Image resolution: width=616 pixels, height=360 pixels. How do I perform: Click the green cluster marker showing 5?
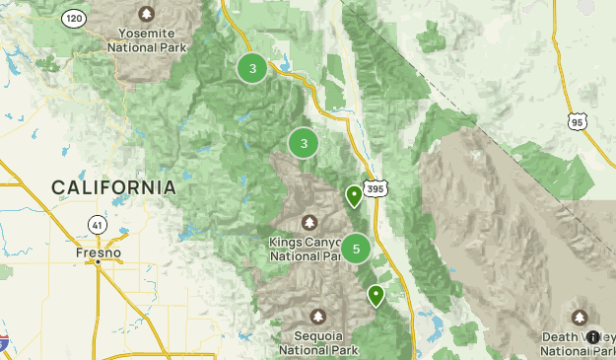tap(356, 249)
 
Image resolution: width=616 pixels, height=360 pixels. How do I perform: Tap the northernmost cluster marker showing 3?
tap(253, 68)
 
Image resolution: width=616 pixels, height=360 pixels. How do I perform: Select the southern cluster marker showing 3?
tap(304, 144)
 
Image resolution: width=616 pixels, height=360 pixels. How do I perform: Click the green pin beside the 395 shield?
tap(354, 196)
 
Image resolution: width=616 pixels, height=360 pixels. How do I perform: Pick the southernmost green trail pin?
tap(376, 295)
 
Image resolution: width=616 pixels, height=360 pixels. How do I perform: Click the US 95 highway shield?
tap(578, 120)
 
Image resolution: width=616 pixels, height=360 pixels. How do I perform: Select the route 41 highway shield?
tap(96, 224)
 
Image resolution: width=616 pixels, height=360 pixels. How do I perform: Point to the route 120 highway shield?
tap(73, 18)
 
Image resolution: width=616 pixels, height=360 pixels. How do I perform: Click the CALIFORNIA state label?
tap(114, 187)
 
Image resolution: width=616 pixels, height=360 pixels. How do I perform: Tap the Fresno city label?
tap(98, 253)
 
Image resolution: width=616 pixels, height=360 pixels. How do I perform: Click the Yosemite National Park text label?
tap(147, 36)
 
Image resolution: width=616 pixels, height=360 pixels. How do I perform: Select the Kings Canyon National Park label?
tap(308, 249)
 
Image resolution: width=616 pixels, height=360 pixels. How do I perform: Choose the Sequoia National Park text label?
tap(317, 341)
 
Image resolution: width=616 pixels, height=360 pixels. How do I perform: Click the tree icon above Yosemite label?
tap(147, 14)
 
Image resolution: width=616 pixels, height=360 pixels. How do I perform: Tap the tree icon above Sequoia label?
tap(317, 316)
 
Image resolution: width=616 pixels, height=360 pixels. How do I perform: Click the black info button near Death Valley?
tap(592, 337)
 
